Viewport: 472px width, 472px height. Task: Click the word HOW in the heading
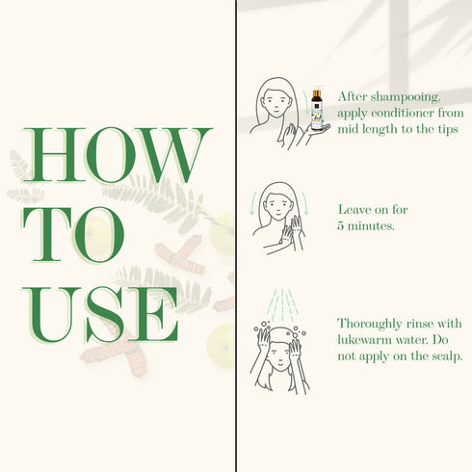pyautogui.click(x=117, y=155)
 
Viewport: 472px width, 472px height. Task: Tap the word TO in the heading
pyautogui.click(x=73, y=234)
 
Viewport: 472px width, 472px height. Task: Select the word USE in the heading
pyautogui.click(x=100, y=315)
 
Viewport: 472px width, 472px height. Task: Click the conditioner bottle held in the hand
pyautogui.click(x=317, y=110)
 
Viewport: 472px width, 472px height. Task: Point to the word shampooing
pyautogui.click(x=406, y=97)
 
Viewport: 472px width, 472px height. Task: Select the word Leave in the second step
pyautogui.click(x=354, y=210)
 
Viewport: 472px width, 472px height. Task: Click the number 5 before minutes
pyautogui.click(x=341, y=226)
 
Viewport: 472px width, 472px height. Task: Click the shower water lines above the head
pyautogui.click(x=283, y=305)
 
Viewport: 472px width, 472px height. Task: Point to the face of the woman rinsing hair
pyautogui.click(x=279, y=354)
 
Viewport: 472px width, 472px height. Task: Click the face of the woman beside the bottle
pyautogui.click(x=275, y=102)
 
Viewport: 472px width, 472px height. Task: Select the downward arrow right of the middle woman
pyautogui.click(x=304, y=203)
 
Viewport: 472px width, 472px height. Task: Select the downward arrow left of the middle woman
pyautogui.click(x=253, y=203)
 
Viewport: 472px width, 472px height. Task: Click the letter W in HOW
pyautogui.click(x=173, y=155)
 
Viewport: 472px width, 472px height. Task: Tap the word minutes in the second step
pyautogui.click(x=371, y=226)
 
